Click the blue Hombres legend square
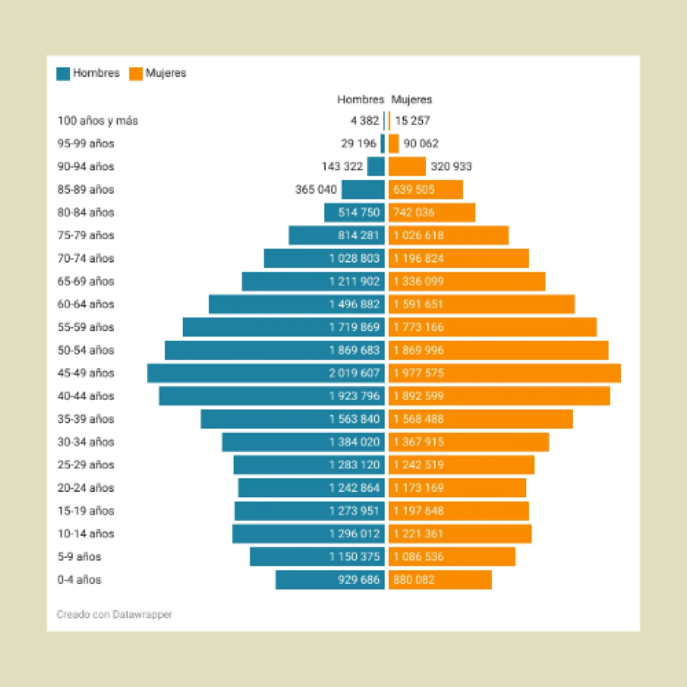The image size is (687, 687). [x=63, y=73]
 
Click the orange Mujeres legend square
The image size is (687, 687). [x=136, y=73]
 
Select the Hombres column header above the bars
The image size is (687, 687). [x=360, y=99]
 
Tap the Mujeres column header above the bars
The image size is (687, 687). [x=411, y=99]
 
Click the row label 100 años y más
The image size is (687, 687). [x=98, y=121]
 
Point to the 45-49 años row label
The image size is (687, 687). [x=86, y=373]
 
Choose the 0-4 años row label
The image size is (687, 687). [x=79, y=580]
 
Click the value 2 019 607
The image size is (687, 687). [x=354, y=373]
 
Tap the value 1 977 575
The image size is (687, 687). [x=418, y=373]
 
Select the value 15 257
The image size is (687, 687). [x=412, y=121]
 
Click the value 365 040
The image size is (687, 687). [x=316, y=189]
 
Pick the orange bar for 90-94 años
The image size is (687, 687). [x=407, y=167]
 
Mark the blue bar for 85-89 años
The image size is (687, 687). [x=363, y=189]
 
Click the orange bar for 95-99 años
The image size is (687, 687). [x=394, y=144]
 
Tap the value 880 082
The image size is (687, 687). [x=414, y=580]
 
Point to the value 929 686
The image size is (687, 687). [x=358, y=580]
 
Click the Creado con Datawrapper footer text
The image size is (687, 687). [x=114, y=614]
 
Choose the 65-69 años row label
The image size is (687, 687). [x=86, y=281]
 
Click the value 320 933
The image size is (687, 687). [x=451, y=167]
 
